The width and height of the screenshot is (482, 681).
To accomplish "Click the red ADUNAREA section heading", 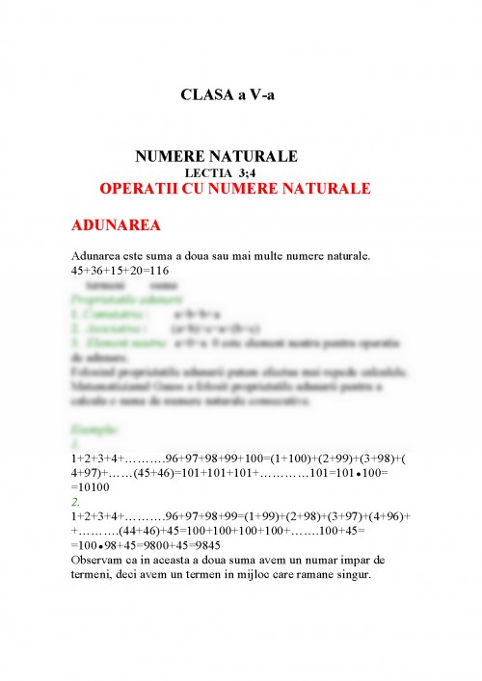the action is click(116, 226).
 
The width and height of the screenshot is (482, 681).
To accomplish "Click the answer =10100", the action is click(94, 488).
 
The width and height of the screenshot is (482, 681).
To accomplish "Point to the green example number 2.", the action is click(75, 502).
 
